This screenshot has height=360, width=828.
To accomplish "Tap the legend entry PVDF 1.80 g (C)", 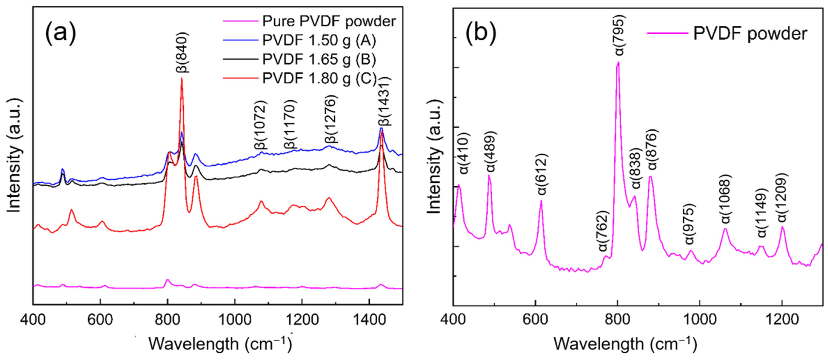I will (x=319, y=78).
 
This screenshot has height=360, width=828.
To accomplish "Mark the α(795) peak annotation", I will (x=619, y=35).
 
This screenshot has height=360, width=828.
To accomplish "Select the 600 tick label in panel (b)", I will (x=535, y=320).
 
